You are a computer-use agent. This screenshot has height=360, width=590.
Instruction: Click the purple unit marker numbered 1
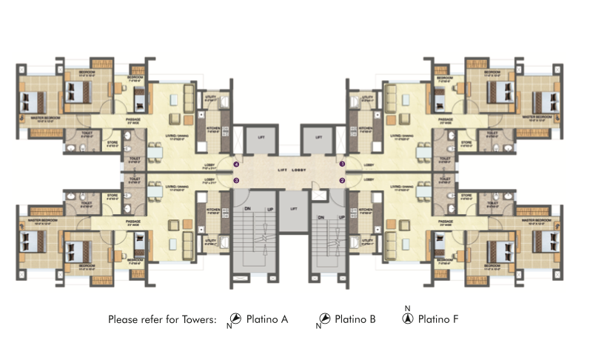(343, 164)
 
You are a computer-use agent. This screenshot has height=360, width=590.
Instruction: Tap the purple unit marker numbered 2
(343, 179)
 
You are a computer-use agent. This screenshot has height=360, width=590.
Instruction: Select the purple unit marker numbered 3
(236, 179)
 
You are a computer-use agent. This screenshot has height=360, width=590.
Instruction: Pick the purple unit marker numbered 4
(236, 164)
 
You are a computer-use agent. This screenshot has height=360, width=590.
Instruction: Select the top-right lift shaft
(319, 138)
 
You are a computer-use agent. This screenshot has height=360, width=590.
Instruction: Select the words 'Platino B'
(355, 320)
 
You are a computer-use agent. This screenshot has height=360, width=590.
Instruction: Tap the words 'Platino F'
(438, 320)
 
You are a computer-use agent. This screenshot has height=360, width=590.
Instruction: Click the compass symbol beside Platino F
(406, 319)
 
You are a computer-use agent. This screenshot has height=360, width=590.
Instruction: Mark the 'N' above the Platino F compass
(406, 307)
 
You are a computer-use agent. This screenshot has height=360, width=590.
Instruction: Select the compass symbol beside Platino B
(324, 319)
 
